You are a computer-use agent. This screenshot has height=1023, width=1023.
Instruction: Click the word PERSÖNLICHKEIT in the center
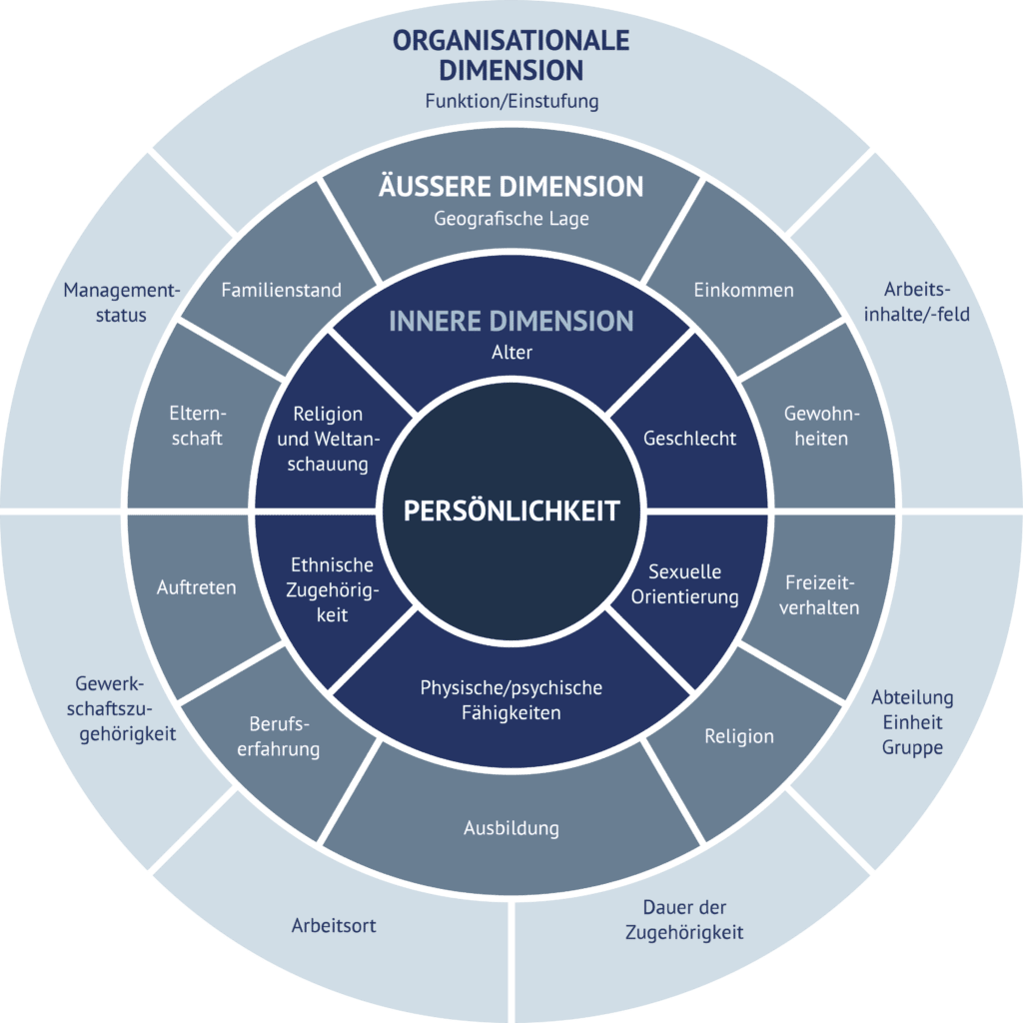point(511,511)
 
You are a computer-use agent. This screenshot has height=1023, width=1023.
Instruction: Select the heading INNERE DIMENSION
point(511,321)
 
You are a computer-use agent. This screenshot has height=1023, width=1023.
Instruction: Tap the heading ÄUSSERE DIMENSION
point(511,187)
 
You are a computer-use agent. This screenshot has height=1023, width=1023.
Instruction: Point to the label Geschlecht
point(689,438)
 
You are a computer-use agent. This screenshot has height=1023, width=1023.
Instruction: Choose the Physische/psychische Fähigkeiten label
point(511,700)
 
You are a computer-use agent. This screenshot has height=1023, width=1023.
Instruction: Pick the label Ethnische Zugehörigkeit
point(332,589)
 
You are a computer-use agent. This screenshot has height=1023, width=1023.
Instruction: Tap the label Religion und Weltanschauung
point(329,439)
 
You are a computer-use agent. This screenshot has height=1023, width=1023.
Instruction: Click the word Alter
point(511,353)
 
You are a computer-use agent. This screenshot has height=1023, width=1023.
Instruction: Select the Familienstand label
point(281,291)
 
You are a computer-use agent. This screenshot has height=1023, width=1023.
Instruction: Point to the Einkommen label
point(743,291)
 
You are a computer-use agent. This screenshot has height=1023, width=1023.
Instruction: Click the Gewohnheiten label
point(822,426)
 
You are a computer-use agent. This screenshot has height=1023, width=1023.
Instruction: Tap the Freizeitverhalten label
point(821,594)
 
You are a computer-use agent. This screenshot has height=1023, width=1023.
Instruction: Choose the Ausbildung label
point(511,828)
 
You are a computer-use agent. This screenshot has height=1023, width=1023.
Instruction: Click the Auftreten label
point(196,587)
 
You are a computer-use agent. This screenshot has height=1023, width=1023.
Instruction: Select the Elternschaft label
point(196,426)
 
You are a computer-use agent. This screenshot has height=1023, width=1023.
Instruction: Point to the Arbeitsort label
point(334,925)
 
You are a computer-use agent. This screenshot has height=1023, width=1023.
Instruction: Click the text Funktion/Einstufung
point(511,102)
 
